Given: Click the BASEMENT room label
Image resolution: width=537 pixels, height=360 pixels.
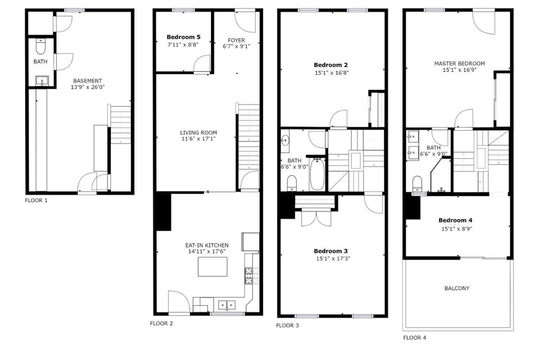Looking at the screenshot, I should [87, 81].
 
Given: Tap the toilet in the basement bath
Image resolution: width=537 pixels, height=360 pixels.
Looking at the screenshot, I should [41, 47].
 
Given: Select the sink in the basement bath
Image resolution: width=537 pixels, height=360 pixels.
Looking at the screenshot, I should [42, 81].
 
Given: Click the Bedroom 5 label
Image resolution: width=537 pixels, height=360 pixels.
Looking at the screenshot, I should [183, 37].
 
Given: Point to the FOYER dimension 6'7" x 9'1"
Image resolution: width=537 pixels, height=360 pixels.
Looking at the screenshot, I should [236, 46].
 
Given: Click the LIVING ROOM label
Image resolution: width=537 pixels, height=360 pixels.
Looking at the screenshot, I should [198, 132].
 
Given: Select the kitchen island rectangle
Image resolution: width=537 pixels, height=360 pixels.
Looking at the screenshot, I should [212, 267].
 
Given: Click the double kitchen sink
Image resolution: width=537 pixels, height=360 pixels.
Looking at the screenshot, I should [227, 305].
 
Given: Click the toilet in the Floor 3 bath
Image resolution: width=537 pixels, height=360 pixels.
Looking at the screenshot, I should [292, 183].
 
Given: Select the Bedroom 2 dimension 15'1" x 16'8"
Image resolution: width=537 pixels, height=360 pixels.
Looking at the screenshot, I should [332, 73].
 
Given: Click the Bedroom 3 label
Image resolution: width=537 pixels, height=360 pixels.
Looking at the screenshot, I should [331, 251].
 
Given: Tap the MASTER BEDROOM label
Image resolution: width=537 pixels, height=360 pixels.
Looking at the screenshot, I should [459, 63].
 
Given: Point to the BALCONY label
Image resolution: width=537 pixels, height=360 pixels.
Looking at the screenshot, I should [457, 288].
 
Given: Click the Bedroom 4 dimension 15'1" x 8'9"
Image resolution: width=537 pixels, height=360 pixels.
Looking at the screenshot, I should [457, 229].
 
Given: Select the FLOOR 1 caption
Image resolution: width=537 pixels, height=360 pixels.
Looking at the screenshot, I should [36, 200].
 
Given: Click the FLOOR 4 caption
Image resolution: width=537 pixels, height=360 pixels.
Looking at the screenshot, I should [414, 338].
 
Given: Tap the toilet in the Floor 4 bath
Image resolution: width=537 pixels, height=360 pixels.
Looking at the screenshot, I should [417, 183].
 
